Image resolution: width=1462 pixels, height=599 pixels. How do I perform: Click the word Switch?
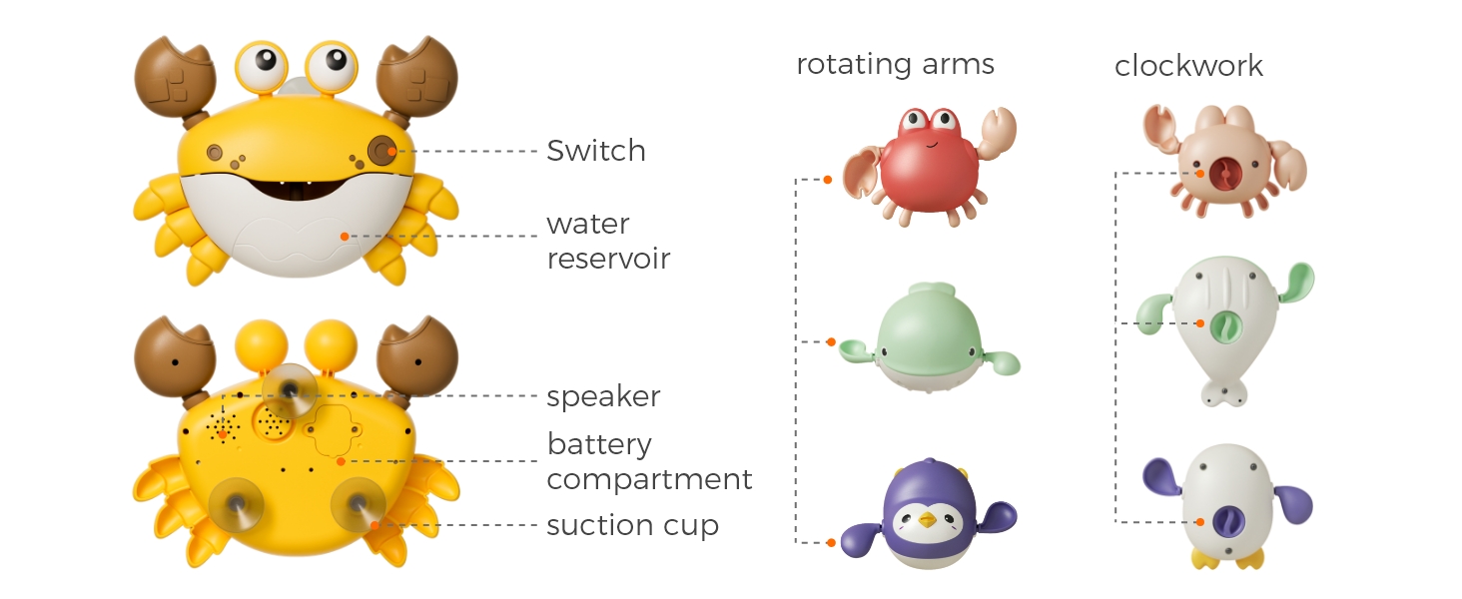(595, 151)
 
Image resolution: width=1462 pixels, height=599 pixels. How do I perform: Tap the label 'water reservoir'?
(607, 241)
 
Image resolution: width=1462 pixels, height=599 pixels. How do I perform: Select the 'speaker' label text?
(603, 396)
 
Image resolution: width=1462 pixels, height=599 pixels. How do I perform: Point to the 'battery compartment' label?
(649, 461)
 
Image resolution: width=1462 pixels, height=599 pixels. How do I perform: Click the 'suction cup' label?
(632, 525)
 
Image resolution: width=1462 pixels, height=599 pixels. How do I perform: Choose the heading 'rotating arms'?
(895, 65)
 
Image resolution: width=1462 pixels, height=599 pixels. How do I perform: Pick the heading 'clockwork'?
(1188, 66)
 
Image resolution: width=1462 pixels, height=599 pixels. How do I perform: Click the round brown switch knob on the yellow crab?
(380, 151)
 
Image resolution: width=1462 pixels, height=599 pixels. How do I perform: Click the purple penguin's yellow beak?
(928, 520)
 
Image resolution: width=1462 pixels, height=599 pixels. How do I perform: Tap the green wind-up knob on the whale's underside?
(1224, 324)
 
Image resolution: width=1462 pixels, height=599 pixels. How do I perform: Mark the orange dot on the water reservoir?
(344, 237)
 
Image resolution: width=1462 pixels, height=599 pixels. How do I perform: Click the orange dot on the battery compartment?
(341, 461)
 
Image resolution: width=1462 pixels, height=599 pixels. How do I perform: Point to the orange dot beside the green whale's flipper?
(830, 342)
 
